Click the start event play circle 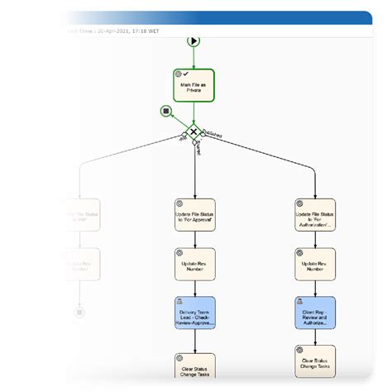point(194,40)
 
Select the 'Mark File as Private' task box point(194,86)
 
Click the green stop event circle point(166,110)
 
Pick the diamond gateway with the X point(194,131)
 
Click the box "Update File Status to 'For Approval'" point(194,214)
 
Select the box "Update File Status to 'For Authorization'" point(315,214)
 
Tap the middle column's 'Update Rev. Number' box point(194,263)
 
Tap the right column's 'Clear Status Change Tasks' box point(315,361)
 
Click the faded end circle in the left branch point(79,312)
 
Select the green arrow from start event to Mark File point(194,56)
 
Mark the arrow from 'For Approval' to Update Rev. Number point(194,239)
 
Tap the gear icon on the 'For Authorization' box point(299,203)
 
